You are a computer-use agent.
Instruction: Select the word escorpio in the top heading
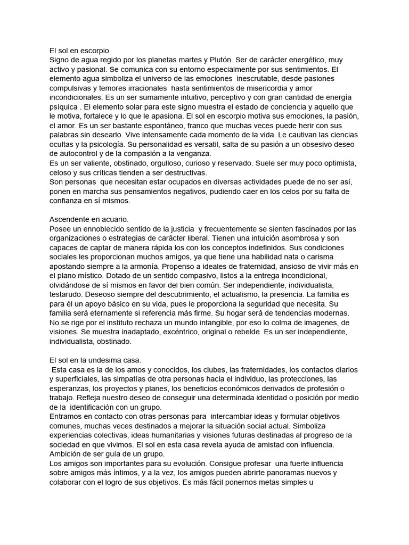94,50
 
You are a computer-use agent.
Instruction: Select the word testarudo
67,295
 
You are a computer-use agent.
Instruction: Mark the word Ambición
68,454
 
